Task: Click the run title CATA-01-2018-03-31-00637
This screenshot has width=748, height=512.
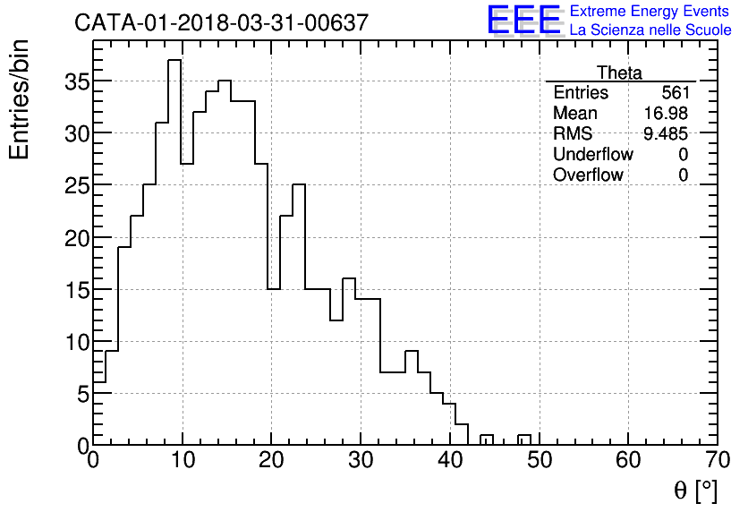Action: (x=221, y=23)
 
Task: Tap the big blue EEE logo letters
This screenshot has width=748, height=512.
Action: (x=524, y=21)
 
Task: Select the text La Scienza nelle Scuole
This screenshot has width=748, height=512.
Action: (x=650, y=30)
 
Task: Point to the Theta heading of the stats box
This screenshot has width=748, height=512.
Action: (x=619, y=73)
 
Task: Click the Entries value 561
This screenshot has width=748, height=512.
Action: (x=675, y=93)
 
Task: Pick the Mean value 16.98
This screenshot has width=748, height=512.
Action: (x=666, y=114)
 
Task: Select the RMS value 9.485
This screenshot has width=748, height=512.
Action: (x=666, y=134)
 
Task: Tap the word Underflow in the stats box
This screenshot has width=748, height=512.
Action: (x=592, y=155)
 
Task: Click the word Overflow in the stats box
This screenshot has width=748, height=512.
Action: (x=588, y=175)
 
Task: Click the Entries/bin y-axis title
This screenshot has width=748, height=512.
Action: (x=20, y=99)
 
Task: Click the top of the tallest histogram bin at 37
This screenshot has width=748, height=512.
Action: (x=174, y=61)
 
